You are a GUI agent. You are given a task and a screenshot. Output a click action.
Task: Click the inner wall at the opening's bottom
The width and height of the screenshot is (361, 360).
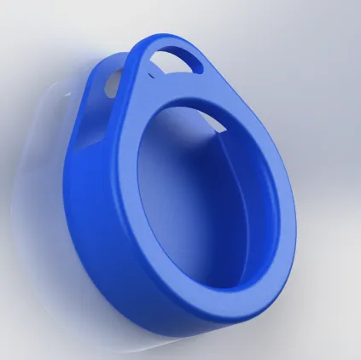(x=222, y=294)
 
